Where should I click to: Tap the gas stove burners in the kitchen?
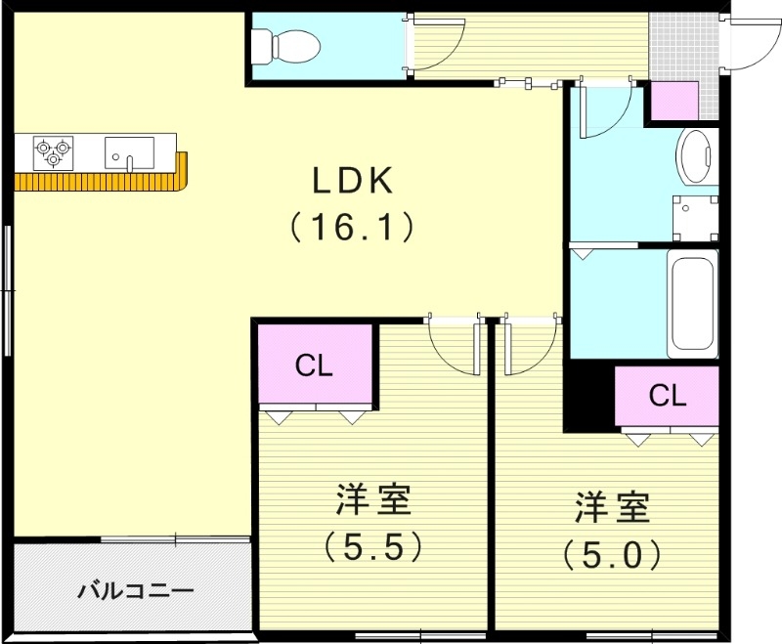click(53, 149)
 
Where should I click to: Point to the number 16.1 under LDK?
click(352, 227)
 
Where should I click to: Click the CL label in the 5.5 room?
click(315, 365)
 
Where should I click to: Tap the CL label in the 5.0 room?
click(668, 396)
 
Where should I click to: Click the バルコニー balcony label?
click(135, 591)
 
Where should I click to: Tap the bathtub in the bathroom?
click(692, 305)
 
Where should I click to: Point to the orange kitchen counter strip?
click(98, 182)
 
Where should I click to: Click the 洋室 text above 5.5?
click(372, 499)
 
